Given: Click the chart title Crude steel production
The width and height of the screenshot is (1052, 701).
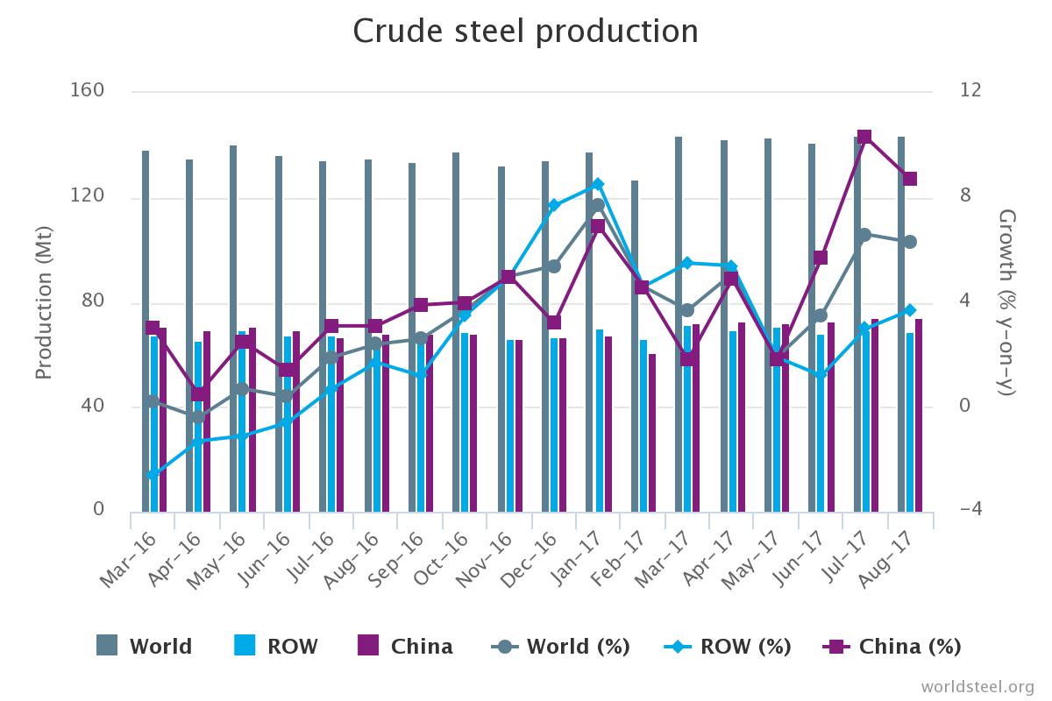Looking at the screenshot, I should pyautogui.click(x=525, y=32).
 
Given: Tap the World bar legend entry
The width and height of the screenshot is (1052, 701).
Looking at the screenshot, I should pyautogui.click(x=145, y=647).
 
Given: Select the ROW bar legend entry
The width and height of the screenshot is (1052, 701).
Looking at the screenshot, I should pyautogui.click(x=276, y=647).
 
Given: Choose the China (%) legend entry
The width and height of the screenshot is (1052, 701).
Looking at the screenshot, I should pyautogui.click(x=892, y=647).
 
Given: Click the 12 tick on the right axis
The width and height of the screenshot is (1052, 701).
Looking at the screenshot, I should pyautogui.click(x=970, y=91).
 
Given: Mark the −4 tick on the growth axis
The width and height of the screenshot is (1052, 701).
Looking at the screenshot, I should pyautogui.click(x=971, y=511).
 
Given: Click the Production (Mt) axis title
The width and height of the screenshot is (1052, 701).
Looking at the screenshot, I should pyautogui.click(x=44, y=302).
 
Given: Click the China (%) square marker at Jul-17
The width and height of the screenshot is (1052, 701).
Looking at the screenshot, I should pyautogui.click(x=864, y=137).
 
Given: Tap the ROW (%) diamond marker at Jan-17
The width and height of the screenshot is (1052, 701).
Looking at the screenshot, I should pyautogui.click(x=598, y=184).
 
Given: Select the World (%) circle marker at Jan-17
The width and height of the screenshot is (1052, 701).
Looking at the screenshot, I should pyautogui.click(x=598, y=206).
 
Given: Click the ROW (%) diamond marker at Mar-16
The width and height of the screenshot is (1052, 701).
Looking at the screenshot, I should pyautogui.click(x=153, y=475).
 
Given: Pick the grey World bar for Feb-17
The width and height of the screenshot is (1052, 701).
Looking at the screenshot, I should pyautogui.click(x=635, y=346).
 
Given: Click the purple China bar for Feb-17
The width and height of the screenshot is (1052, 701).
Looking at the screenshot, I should pyautogui.click(x=652, y=433).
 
